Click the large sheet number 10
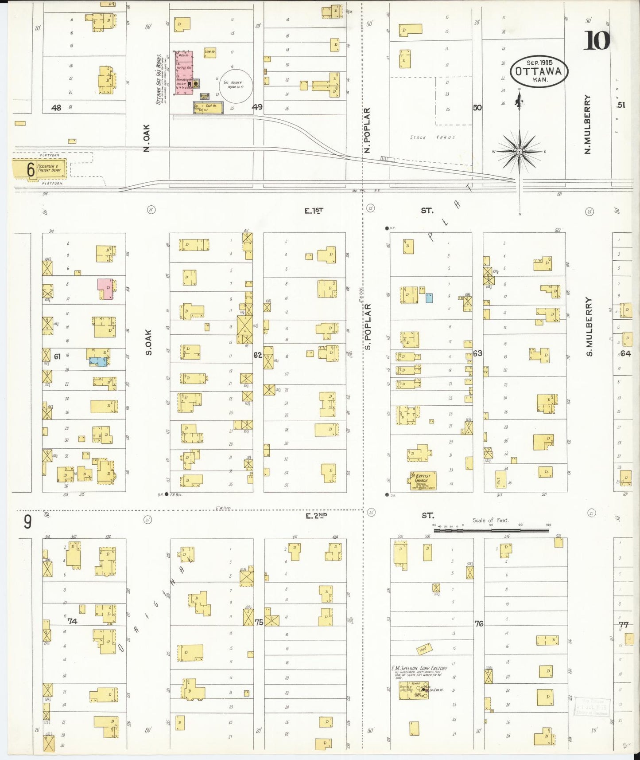coord(597,40)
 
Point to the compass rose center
coord(519,152)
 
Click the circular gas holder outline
coord(237,85)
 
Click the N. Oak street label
coord(147,138)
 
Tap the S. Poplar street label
coord(368,326)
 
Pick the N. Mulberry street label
coord(588,124)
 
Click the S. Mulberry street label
coord(589,326)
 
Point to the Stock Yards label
coord(432,137)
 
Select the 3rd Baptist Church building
coord(423,481)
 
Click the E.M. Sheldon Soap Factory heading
coord(419,668)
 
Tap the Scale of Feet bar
coord(491,529)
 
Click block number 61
coord(57,356)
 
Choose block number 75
coord(259,622)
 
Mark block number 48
coord(56,107)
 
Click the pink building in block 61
coord(106,289)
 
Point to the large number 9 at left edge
coord(27,522)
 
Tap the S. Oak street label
coord(149,342)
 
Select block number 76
coord(479,623)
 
